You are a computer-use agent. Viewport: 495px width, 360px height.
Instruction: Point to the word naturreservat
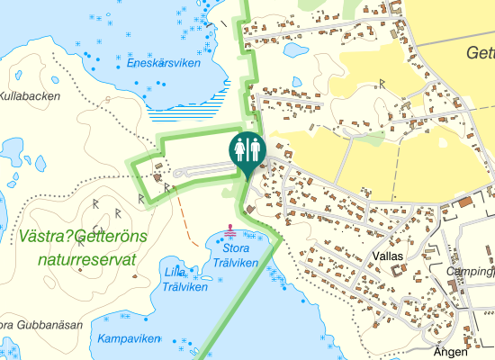tap(87, 260)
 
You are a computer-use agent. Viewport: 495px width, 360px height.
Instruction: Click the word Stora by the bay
tap(236, 247)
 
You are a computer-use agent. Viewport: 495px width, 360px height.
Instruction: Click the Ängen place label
tap(451, 352)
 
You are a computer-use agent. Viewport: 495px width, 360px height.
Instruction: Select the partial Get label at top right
tap(480, 53)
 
